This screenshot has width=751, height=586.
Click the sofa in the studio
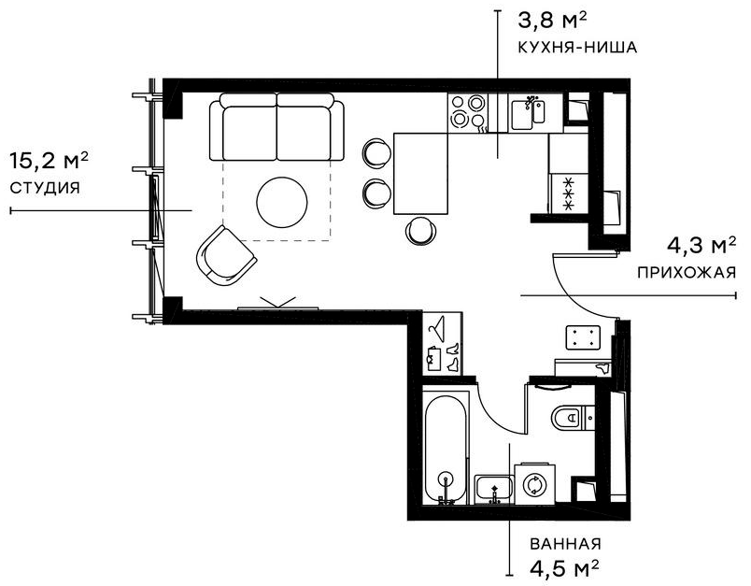pyautogui.click(x=276, y=130)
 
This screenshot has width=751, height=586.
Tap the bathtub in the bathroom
pyautogui.click(x=446, y=448)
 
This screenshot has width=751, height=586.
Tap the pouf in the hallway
pyautogui.click(x=586, y=337)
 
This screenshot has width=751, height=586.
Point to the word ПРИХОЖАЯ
pyautogui.click(x=687, y=273)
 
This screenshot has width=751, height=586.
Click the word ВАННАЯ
pyautogui.click(x=564, y=544)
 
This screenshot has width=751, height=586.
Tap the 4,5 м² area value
pyautogui.click(x=563, y=567)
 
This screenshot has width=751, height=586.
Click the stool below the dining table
pyautogui.click(x=420, y=229)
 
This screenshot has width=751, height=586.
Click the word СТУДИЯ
pyautogui.click(x=44, y=187)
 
